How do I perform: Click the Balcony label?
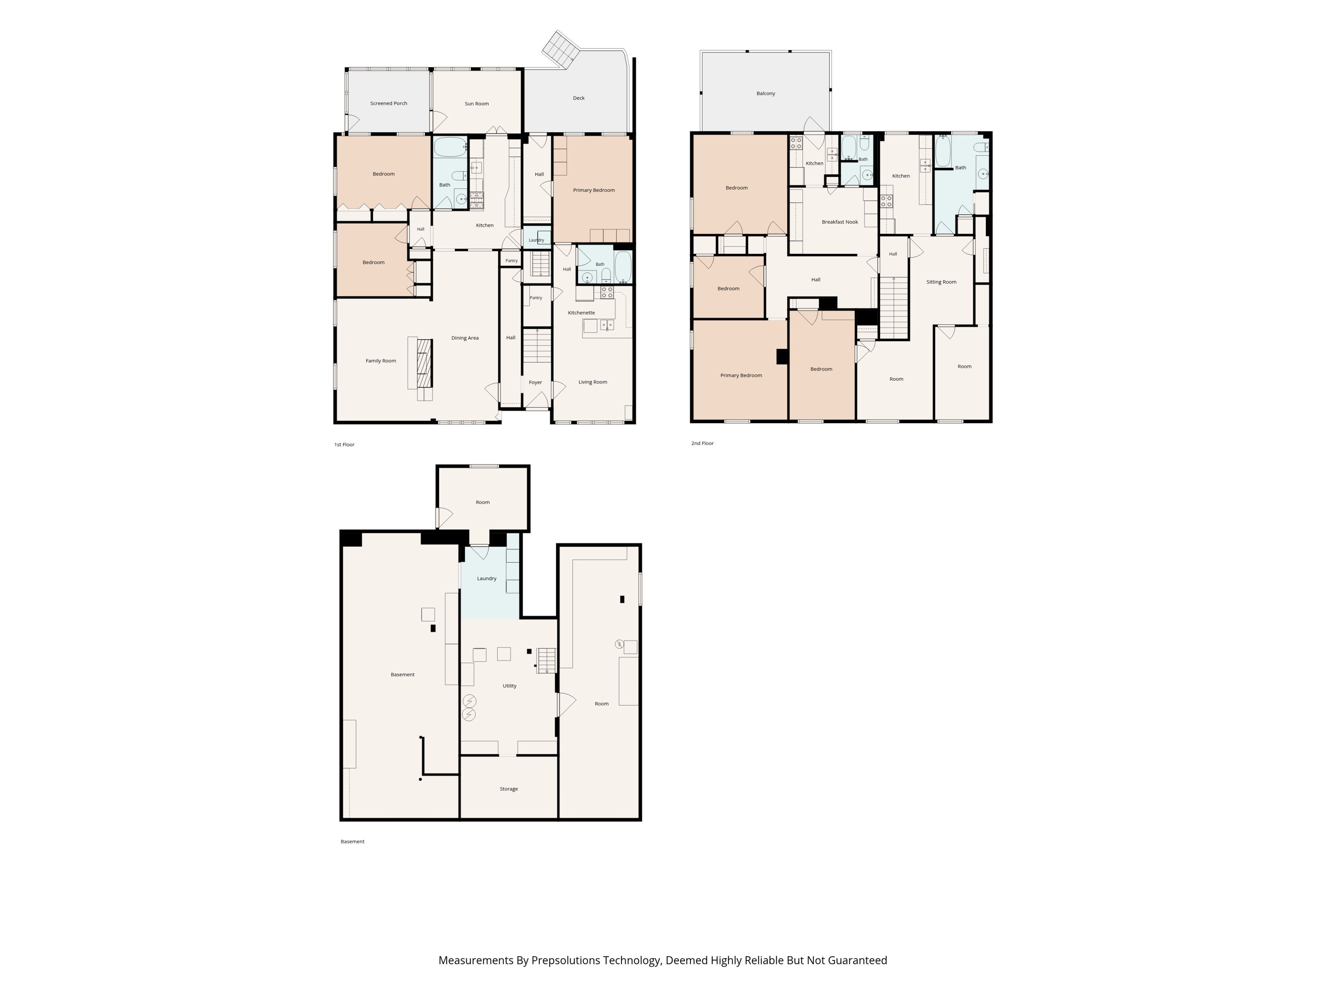(x=766, y=94)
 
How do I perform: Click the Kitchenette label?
(x=582, y=313)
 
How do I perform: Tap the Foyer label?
(x=535, y=382)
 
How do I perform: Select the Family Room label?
(x=381, y=361)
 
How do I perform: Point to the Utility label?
(x=510, y=686)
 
